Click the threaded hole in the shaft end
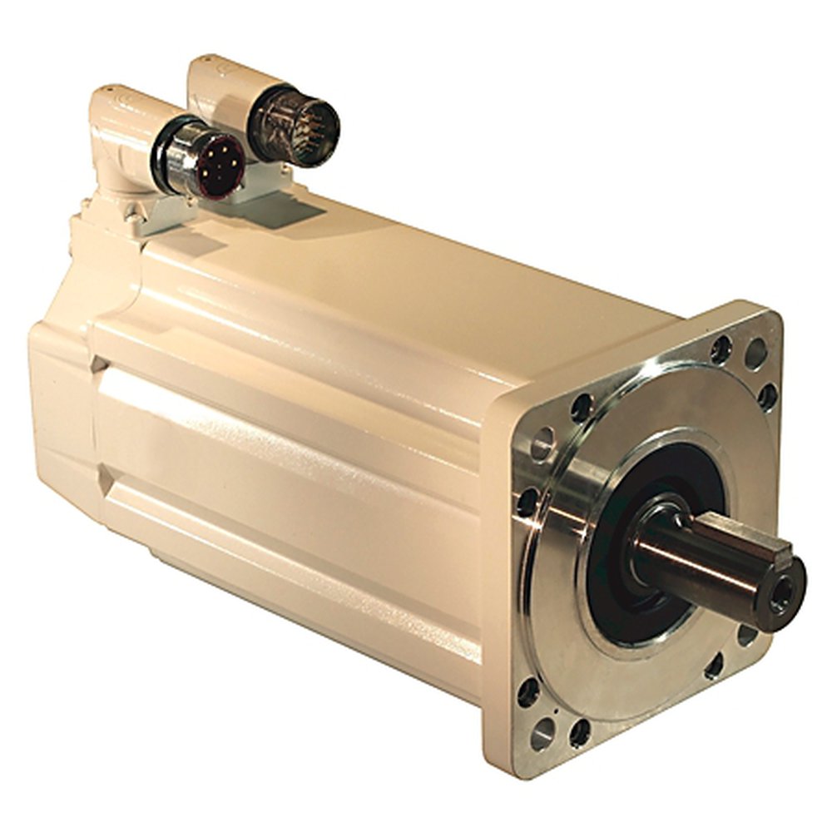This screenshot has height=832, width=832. click(783, 594)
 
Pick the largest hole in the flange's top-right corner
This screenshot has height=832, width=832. click(755, 354)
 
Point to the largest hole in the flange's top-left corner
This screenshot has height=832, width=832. click(542, 442)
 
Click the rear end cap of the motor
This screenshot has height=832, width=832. click(62, 399)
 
